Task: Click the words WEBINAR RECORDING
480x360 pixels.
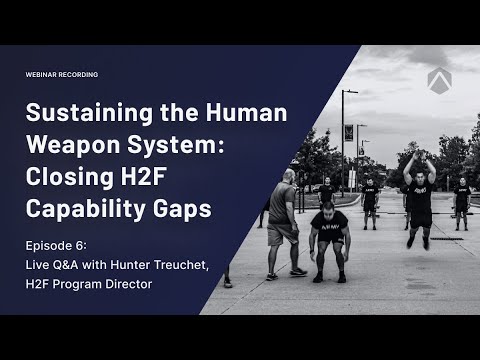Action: (x=62, y=75)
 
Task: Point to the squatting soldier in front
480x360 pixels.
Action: (x=324, y=234)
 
